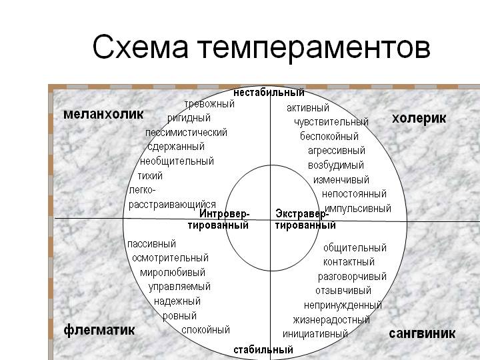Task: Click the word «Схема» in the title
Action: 140,47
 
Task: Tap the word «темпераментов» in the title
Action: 314,49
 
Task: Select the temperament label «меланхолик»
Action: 103,114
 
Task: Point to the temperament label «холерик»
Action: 419,119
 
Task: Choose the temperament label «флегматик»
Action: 99,330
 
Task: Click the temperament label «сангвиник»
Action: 422,333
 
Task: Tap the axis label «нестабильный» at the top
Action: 269,93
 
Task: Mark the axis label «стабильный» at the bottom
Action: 263,349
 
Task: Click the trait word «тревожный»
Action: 209,104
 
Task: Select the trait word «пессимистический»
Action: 186,133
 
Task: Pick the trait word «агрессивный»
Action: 337,151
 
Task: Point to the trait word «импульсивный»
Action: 358,209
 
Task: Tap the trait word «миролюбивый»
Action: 173,273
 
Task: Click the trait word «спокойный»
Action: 205,330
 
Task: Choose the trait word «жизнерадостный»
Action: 331,320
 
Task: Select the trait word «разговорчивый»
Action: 352,277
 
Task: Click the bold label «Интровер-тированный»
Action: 219,219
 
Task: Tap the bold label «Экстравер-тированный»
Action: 305,219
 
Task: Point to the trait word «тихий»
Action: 150,176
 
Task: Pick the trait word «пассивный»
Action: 151,244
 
